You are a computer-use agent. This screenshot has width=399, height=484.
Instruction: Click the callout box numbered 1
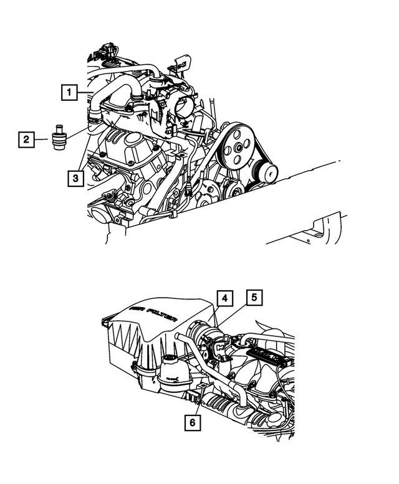(x=70, y=93)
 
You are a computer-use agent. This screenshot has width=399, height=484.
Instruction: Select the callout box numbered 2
(x=26, y=140)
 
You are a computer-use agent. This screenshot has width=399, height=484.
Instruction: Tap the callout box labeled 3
(x=74, y=179)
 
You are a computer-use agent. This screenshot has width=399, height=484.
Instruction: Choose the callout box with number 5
(x=254, y=299)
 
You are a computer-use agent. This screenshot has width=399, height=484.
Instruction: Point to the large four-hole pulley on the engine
(x=238, y=148)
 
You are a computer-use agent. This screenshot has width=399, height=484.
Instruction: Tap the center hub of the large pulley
(x=238, y=148)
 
